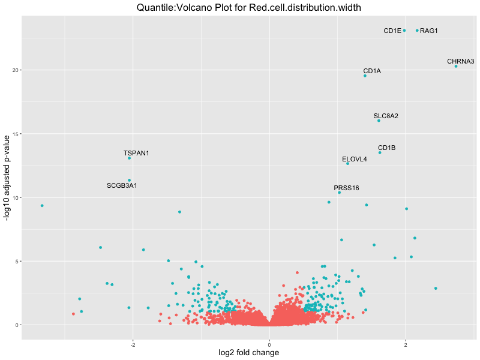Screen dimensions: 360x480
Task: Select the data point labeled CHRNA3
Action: [x=456, y=66]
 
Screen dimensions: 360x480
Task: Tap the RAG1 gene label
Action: [x=429, y=31]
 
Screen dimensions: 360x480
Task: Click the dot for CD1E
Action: [x=404, y=31]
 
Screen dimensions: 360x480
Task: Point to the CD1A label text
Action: [x=372, y=71]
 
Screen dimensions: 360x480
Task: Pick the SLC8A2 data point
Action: [x=379, y=121]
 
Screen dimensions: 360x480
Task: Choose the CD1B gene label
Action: [x=386, y=148]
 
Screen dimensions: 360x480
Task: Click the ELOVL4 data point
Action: [x=347, y=163]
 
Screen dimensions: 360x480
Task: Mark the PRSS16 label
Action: [x=346, y=188]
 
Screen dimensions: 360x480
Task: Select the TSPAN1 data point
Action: [x=129, y=158]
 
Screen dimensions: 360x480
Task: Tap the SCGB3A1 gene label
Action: [x=122, y=185]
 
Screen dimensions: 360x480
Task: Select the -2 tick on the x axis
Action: [x=132, y=344]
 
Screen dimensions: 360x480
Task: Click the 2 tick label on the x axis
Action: [x=406, y=344]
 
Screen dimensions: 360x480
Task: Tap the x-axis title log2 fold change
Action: [x=249, y=353]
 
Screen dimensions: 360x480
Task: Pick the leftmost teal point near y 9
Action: [x=42, y=206]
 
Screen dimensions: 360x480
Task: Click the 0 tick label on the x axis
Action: [x=269, y=344]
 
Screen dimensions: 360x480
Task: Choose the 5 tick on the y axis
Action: [x=17, y=261]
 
